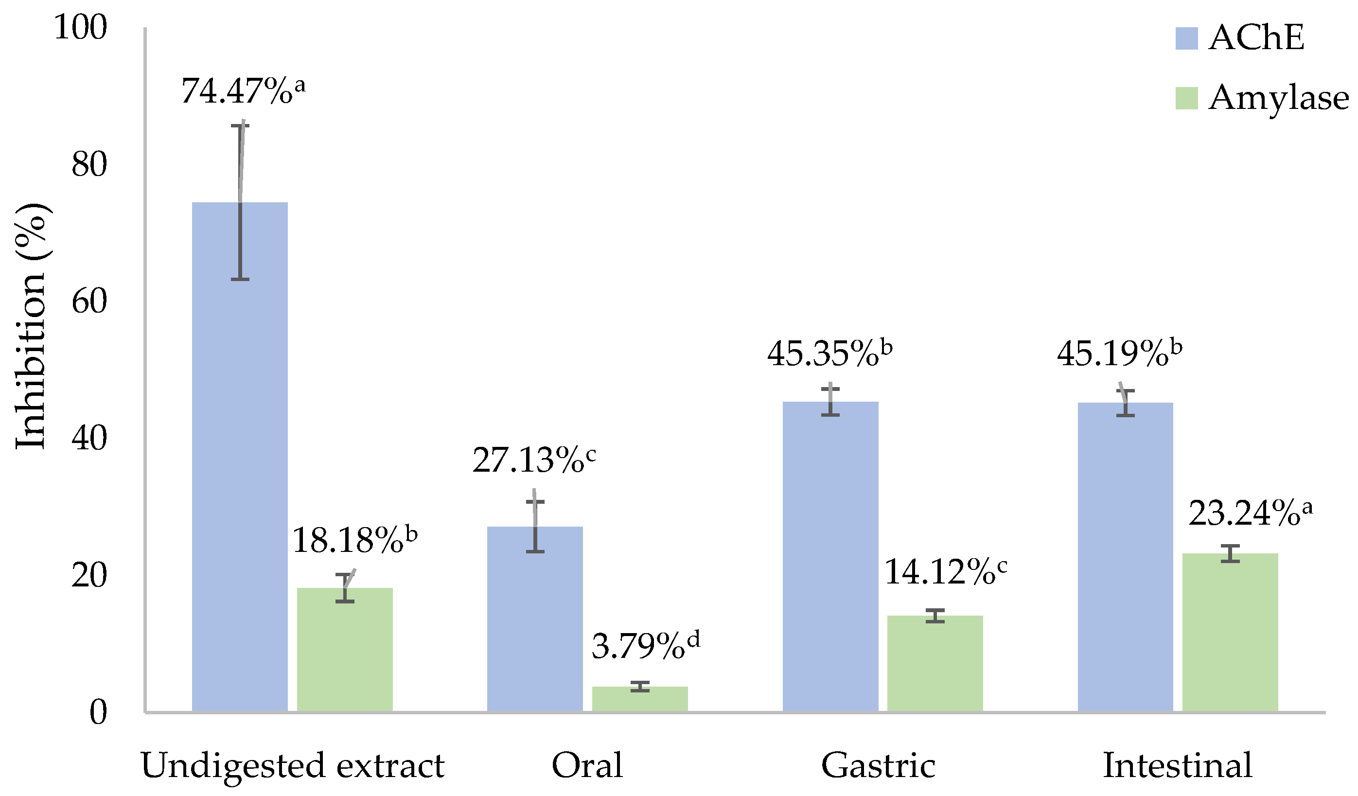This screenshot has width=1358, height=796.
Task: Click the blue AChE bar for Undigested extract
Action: click(240, 458)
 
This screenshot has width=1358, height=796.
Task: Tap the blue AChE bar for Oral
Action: click(535, 620)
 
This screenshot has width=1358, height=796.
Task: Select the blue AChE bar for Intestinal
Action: click(1126, 558)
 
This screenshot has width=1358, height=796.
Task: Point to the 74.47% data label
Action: click(243, 90)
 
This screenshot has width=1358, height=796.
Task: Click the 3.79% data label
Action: click(646, 646)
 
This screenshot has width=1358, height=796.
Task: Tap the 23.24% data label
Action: click(1250, 513)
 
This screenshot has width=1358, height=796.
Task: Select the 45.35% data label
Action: click(830, 354)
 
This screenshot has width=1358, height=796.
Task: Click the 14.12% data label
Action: click(945, 572)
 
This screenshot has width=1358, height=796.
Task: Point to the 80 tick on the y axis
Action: click(89, 164)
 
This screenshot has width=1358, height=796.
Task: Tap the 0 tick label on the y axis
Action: click(98, 712)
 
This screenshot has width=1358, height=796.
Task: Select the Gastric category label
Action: click(879, 766)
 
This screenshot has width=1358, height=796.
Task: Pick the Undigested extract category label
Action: click(293, 766)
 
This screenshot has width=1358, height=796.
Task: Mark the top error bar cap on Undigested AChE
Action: click(240, 125)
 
